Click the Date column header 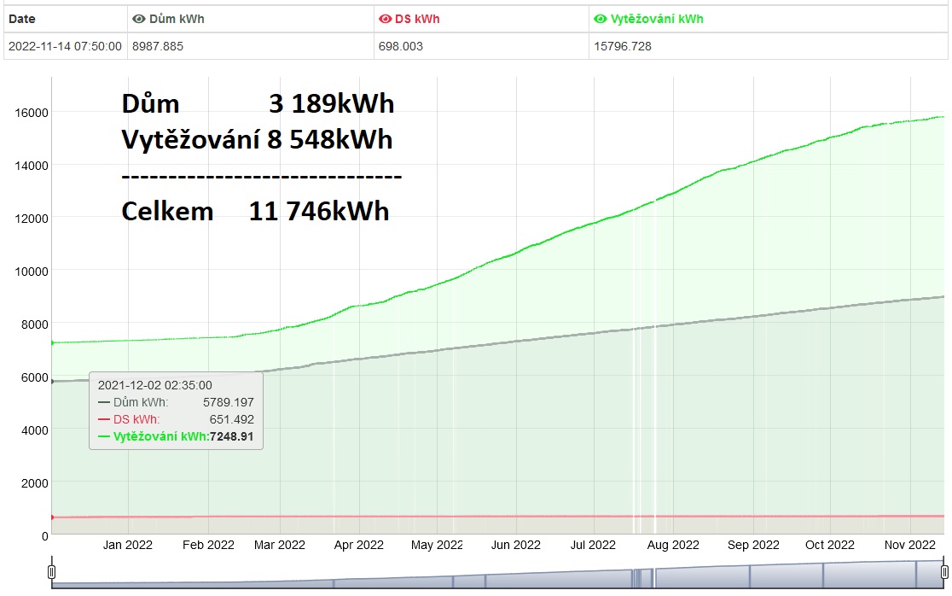(22, 19)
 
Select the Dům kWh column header (176, 19)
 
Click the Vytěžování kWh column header (656, 19)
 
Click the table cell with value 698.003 (401, 46)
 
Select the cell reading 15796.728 (623, 46)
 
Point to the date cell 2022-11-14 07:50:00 (65, 46)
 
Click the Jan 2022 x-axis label (128, 545)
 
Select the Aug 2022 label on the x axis (673, 545)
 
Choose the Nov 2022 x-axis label (910, 545)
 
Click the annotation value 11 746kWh (319, 211)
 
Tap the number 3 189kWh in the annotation (331, 103)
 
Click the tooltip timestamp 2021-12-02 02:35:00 (155, 385)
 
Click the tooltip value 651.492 (232, 419)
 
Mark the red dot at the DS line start (52, 517)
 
